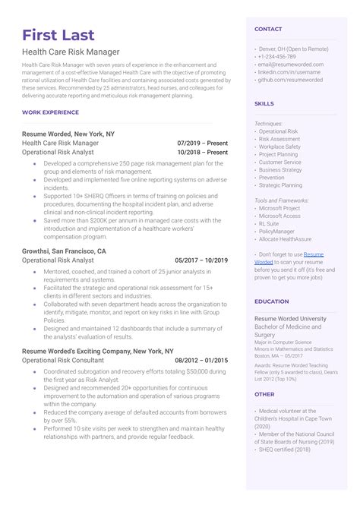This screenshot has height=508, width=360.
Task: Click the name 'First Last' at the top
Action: [x=58, y=35]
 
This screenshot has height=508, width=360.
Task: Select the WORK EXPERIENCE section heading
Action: [x=50, y=112]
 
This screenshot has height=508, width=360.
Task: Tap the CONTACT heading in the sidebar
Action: [x=268, y=30]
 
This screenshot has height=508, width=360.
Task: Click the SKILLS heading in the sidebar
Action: [x=264, y=103]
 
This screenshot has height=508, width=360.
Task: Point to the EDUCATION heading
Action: [x=271, y=301]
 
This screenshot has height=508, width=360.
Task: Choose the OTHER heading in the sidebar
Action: [x=264, y=394]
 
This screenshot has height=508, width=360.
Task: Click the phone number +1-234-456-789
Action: [x=277, y=57]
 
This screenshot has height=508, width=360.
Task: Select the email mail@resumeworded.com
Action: [x=290, y=65]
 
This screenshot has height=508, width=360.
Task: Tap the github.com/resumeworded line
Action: [x=290, y=79]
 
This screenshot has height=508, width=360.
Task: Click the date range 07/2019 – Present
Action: [x=202, y=142]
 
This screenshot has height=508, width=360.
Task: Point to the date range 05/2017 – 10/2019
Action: [x=201, y=260]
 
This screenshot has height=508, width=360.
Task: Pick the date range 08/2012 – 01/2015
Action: [x=201, y=360]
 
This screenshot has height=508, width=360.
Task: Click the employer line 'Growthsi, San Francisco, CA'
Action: [x=64, y=250]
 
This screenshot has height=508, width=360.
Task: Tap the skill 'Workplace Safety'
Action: [x=280, y=147]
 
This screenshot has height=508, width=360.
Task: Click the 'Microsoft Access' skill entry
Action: [x=280, y=216]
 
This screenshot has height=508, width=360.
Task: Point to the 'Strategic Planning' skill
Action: [x=280, y=185]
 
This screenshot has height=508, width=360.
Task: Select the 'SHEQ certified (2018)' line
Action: [x=286, y=450]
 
